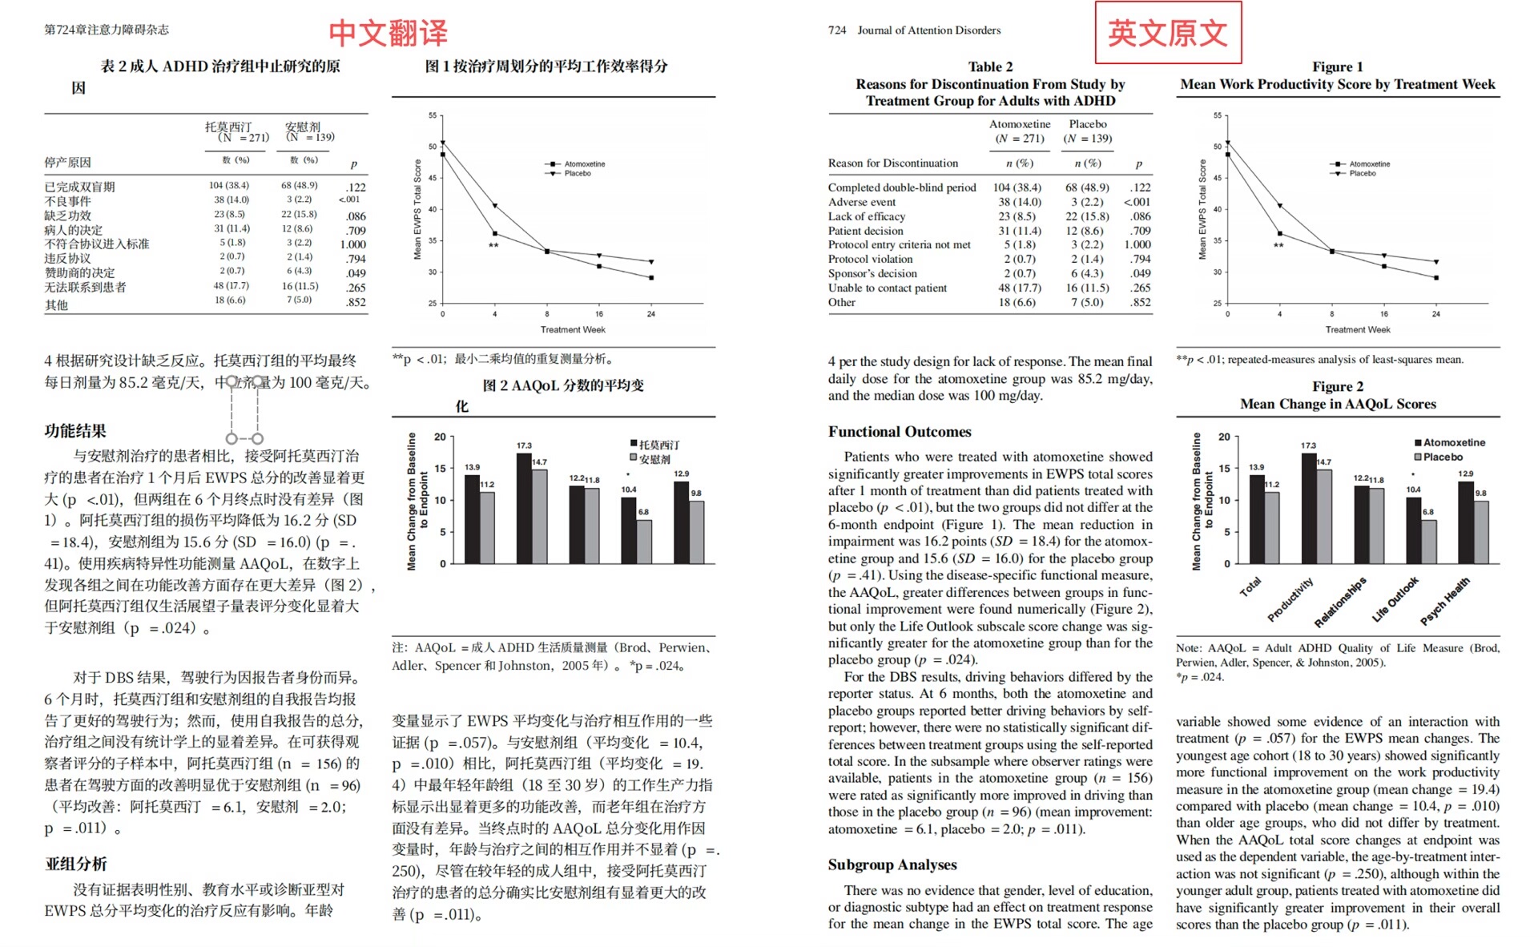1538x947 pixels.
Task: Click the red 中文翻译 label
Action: point(388,33)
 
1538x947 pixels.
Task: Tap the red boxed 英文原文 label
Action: point(1168,33)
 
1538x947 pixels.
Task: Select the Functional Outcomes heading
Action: point(899,432)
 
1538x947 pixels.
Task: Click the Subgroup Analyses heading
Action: point(892,864)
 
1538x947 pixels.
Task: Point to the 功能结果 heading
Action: point(75,431)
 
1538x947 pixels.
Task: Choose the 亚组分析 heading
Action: point(76,864)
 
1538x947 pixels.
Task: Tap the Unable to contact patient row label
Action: point(887,288)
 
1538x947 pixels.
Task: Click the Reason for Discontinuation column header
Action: point(892,163)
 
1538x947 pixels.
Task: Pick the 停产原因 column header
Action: point(67,162)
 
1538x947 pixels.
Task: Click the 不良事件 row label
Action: point(67,201)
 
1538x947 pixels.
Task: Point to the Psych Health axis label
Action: point(1445,600)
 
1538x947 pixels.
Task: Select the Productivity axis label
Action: point(1290,599)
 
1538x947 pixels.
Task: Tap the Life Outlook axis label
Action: point(1395,598)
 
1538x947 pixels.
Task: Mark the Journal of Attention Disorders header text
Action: point(928,30)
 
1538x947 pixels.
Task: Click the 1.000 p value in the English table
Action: point(1137,244)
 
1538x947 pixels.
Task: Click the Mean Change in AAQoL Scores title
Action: point(1338,404)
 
